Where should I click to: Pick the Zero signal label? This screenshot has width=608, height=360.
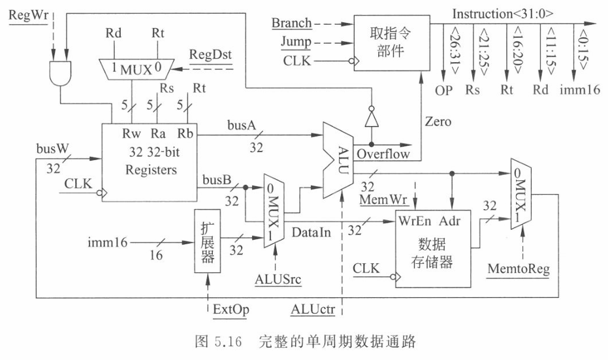[438, 122]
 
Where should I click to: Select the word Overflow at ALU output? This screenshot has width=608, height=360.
[383, 155]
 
